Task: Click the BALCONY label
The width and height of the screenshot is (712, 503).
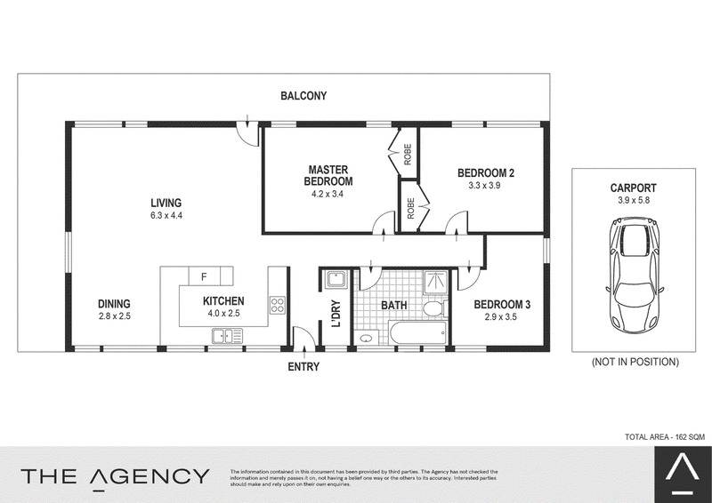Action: (x=303, y=96)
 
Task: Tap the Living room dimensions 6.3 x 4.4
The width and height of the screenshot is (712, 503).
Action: (x=166, y=216)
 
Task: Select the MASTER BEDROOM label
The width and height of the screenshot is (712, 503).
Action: (x=328, y=176)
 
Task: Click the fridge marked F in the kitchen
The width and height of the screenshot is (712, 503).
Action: (x=205, y=275)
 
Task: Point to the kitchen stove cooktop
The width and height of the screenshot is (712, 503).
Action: (x=277, y=304)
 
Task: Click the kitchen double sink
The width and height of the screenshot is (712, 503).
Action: (x=227, y=336)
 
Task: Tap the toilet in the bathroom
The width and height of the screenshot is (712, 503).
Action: (x=434, y=308)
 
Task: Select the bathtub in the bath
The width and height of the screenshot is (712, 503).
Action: (x=418, y=333)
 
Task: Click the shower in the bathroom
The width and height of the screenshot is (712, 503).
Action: (x=436, y=283)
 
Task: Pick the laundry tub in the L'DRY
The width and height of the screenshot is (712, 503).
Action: (x=336, y=280)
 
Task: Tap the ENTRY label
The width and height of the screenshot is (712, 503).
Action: (x=303, y=366)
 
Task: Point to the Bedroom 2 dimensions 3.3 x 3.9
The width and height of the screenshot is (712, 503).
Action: (x=484, y=186)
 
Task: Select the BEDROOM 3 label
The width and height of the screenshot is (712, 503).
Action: (x=502, y=304)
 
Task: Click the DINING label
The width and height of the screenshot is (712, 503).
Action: (x=115, y=304)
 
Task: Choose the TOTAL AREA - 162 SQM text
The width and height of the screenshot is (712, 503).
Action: (x=665, y=436)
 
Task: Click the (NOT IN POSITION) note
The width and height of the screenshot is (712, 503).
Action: (x=635, y=362)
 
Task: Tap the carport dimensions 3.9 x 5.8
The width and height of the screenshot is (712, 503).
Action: (x=634, y=201)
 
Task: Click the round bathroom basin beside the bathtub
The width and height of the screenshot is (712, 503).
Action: (x=366, y=338)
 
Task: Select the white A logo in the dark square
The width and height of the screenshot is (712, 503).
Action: (x=682, y=471)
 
